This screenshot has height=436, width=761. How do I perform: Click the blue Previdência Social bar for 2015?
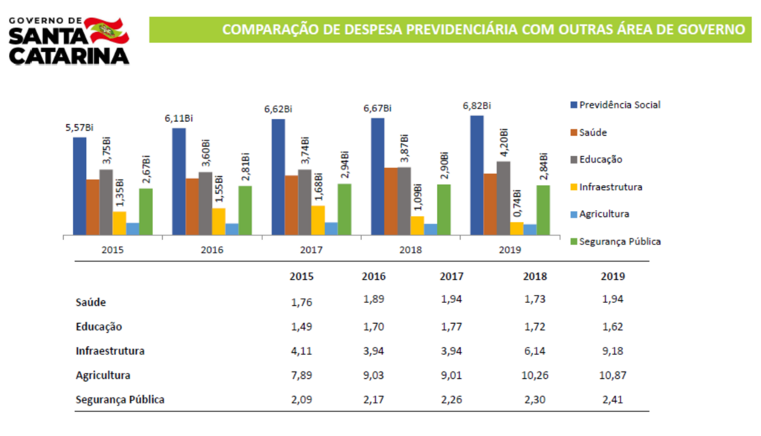pyautogui.click(x=80, y=186)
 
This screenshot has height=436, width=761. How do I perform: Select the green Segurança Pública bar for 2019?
pyautogui.click(x=543, y=210)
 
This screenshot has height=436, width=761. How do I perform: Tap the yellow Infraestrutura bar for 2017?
pyautogui.click(x=318, y=221)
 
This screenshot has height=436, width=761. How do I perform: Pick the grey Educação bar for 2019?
pyautogui.click(x=503, y=198)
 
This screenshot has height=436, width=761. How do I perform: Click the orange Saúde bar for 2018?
pyautogui.click(x=391, y=201)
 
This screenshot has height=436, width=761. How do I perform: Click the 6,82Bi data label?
pyautogui.click(x=476, y=105)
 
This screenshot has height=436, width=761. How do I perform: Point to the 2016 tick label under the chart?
pyautogui.click(x=212, y=250)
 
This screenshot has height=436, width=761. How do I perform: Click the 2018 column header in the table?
pyautogui.click(x=535, y=276)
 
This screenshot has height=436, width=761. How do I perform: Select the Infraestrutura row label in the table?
pyautogui.click(x=110, y=351)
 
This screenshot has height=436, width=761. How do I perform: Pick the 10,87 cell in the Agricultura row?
pyautogui.click(x=612, y=376)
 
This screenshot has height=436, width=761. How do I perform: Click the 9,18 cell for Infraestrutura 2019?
pyautogui.click(x=612, y=351)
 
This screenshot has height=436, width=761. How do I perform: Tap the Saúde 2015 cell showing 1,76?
pyautogui.click(x=302, y=302)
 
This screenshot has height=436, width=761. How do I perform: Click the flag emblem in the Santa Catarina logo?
pyautogui.click(x=109, y=28)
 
